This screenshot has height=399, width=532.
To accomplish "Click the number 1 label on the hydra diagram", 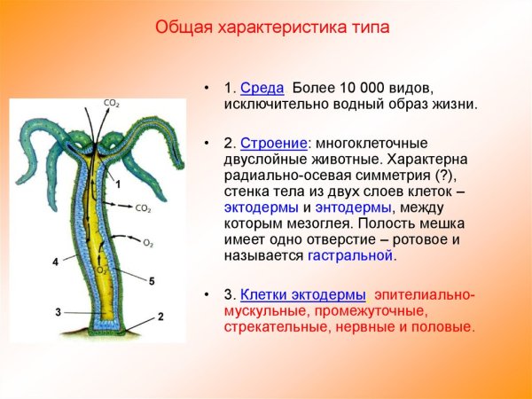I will [x=118, y=184].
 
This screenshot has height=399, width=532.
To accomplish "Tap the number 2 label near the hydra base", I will [x=160, y=317].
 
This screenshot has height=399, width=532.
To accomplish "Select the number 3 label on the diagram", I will [x=58, y=311].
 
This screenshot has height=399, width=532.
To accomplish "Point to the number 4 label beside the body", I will [x=55, y=262].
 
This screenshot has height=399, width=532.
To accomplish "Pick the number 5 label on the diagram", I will [x=152, y=281].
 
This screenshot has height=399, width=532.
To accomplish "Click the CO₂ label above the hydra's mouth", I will [x=112, y=103].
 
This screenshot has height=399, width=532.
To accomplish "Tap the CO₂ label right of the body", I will [x=143, y=208].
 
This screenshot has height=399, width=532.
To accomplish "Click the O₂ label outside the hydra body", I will [x=148, y=241].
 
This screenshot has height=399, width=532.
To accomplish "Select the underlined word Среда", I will [x=262, y=89].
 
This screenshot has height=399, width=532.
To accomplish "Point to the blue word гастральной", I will [x=350, y=255].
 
